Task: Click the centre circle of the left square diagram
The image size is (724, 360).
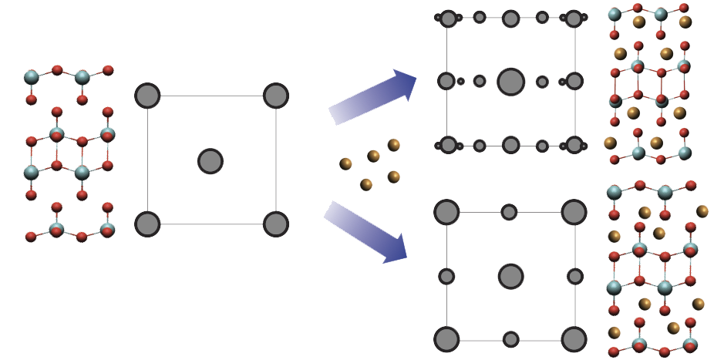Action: point(210,161)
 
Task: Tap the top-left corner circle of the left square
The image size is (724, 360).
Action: point(147,96)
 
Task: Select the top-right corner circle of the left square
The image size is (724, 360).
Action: point(275,96)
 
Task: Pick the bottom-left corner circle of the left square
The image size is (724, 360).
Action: point(147,224)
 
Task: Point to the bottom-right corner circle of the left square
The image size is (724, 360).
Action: point(275,224)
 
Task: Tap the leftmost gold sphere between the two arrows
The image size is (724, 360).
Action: point(346,163)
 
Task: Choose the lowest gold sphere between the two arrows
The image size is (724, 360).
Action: point(366,184)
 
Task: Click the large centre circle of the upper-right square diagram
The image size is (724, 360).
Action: point(510,81)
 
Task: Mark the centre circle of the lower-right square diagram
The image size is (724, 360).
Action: point(510,276)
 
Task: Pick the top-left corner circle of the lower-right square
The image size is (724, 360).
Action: point(446,212)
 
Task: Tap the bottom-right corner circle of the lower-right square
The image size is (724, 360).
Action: point(574,338)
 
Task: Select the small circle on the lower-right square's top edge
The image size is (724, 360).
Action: point(509,212)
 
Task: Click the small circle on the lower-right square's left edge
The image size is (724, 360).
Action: point(446,276)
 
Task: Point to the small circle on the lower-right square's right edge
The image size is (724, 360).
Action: point(574,276)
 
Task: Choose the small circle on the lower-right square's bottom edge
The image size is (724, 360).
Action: point(510,339)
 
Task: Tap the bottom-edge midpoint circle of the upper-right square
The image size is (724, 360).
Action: point(510,145)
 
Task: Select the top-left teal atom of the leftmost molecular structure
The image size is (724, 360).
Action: point(32,77)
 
